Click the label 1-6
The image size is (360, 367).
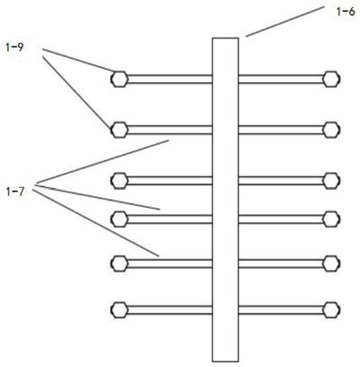click(x=346, y=12)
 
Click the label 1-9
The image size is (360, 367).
click(x=14, y=47)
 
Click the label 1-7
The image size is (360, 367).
click(x=14, y=192)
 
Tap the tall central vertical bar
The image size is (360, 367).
click(x=226, y=200)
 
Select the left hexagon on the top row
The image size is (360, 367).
click(x=120, y=79)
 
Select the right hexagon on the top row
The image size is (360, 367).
click(x=331, y=79)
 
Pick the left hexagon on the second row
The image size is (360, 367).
click(x=120, y=130)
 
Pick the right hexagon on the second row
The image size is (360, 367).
click(x=331, y=130)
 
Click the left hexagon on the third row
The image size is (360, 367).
click(x=120, y=181)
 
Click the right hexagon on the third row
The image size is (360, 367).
click(x=331, y=181)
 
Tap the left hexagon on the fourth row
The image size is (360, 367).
click(x=120, y=219)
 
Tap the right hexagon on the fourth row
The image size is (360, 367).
click(x=331, y=219)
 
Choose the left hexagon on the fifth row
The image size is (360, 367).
click(x=120, y=263)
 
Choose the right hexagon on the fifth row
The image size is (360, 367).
click(x=331, y=263)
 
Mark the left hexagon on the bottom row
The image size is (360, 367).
click(x=120, y=310)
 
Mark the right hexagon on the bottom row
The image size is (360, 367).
click(x=331, y=310)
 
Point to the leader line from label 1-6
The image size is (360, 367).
click(x=285, y=21)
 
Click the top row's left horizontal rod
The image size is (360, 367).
click(x=170, y=79)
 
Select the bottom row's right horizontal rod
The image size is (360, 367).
click(x=280, y=310)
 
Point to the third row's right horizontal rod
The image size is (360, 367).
click(x=280, y=181)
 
